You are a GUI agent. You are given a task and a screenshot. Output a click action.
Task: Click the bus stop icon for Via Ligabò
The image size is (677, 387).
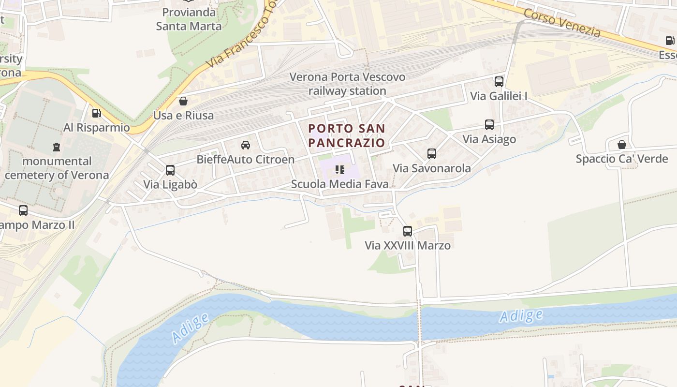[x=170, y=170]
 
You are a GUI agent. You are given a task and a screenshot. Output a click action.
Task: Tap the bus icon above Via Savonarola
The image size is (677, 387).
[x=432, y=154]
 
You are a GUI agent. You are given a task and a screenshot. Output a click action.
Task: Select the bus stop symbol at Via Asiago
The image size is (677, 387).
[x=489, y=125]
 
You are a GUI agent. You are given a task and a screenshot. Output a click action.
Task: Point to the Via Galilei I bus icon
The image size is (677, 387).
[x=499, y=82]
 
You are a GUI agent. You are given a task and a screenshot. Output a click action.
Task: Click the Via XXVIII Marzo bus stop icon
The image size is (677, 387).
[x=408, y=231]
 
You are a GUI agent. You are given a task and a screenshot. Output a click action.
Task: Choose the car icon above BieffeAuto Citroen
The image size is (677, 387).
[x=246, y=145]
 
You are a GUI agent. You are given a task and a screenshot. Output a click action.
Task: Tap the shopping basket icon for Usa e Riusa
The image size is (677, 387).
[x=183, y=101]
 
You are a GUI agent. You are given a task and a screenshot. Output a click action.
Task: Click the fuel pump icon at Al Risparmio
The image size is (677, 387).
[x=97, y=113]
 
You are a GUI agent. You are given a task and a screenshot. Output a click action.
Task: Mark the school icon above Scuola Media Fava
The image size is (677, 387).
[x=340, y=170]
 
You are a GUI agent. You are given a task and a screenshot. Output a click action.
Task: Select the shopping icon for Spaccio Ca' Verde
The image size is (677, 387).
[x=622, y=145]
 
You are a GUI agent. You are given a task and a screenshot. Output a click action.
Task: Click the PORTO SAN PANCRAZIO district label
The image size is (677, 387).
[x=347, y=135]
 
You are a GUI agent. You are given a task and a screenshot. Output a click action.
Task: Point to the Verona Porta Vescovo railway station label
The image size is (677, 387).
[x=347, y=84]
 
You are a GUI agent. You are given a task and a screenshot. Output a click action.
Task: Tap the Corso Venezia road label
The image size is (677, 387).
[x=562, y=22]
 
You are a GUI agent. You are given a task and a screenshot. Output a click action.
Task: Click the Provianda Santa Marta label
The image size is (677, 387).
[x=189, y=19]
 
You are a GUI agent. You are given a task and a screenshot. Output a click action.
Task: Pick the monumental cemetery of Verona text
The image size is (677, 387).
[x=57, y=168]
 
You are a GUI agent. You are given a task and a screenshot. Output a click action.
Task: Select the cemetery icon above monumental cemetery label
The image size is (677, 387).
[x=57, y=147]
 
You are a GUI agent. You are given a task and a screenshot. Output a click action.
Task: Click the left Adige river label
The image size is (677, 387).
[x=190, y=327]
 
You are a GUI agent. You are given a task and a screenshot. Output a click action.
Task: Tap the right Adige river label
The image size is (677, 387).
[x=521, y=316]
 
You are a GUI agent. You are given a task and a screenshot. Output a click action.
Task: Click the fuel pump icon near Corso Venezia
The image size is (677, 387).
[x=670, y=41]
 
